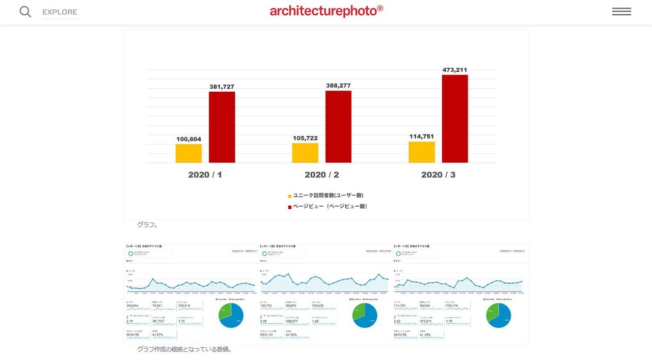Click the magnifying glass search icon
[25, 12]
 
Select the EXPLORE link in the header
[60, 12]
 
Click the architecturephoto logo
[327, 11]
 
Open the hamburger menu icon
[621, 12]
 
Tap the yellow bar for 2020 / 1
[188, 153]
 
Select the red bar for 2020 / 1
[222, 127]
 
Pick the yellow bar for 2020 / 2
[305, 153]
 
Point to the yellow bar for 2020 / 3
[422, 152]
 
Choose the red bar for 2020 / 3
[455, 119]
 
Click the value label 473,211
[455, 70]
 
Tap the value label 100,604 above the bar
[188, 139]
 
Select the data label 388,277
[338, 86]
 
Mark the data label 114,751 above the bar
[422, 136]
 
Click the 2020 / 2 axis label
[322, 175]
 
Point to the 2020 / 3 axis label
[439, 175]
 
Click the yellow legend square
[290, 196]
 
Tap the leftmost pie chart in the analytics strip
[231, 315]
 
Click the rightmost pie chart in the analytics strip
[499, 315]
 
